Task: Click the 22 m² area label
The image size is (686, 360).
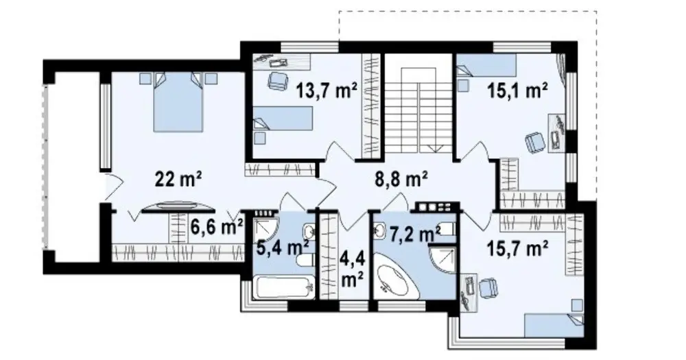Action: (x=178, y=180)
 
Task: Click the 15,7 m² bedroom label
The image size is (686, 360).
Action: (x=518, y=250)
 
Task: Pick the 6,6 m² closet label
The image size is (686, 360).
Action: (x=217, y=228)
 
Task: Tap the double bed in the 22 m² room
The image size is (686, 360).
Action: (x=178, y=102)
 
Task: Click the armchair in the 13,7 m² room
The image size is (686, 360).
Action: (x=277, y=80)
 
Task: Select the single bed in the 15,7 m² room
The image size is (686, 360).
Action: (x=554, y=324)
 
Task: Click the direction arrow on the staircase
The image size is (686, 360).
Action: (x=435, y=148)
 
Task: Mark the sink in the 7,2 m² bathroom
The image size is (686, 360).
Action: (x=379, y=230)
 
